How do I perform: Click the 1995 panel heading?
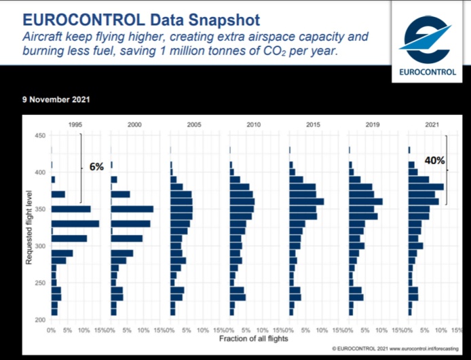tap(75, 125)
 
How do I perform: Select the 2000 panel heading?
tap(134, 125)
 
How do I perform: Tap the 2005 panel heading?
tap(194, 125)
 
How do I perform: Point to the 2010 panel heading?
tap(254, 125)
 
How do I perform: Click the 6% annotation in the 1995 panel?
tap(96, 166)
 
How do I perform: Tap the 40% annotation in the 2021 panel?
tap(434, 161)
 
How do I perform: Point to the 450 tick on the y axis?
tap(39, 137)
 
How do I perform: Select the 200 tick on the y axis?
tap(39, 319)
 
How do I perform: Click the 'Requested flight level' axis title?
tap(29, 228)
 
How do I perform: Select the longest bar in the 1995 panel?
tap(75, 223)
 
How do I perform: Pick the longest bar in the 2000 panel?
tap(132, 209)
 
